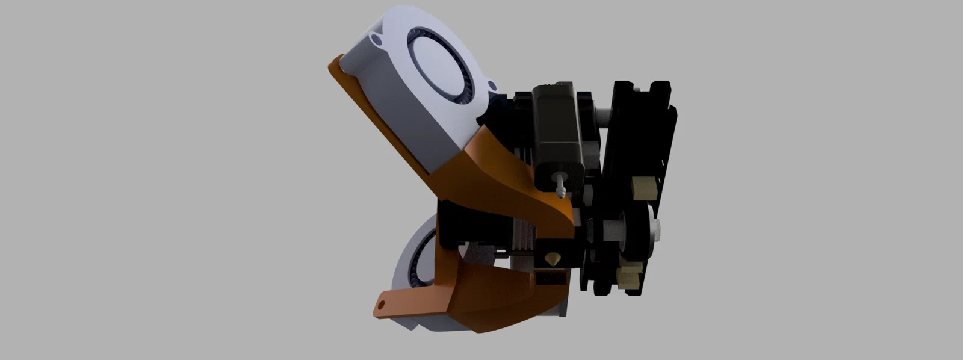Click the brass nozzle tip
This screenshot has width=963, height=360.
point(551,261)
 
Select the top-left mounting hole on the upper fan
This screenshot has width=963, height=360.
point(377,40)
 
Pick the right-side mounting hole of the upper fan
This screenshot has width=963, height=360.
point(492,87)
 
